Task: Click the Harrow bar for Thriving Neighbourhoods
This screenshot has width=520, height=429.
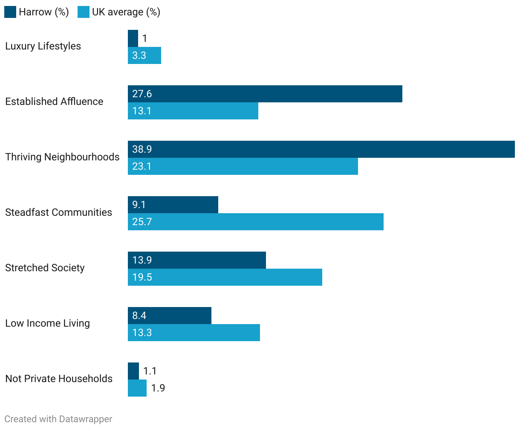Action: (x=321, y=149)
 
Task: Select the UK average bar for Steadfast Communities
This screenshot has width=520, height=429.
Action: (x=256, y=222)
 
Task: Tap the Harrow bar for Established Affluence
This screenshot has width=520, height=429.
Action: (x=265, y=94)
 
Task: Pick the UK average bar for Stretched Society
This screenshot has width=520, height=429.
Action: (x=225, y=277)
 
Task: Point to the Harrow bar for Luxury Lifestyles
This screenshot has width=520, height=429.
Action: (x=133, y=38)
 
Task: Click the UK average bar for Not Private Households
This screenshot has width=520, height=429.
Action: (x=137, y=388)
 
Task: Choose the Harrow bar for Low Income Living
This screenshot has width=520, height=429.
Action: (x=170, y=316)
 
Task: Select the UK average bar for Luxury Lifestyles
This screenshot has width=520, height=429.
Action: (x=144, y=55)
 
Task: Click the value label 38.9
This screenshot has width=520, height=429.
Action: (x=142, y=149)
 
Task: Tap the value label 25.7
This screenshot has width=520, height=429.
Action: (x=142, y=222)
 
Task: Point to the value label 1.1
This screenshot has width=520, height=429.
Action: (x=150, y=371)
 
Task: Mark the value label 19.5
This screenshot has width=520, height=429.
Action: (x=142, y=277)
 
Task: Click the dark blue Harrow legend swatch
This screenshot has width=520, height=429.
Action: (x=10, y=12)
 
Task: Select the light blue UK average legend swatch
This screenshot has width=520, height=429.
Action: (x=84, y=12)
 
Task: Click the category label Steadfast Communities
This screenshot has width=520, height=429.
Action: (x=58, y=212)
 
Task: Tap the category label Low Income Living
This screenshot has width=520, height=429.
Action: (x=47, y=323)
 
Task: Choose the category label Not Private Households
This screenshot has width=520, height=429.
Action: (x=59, y=379)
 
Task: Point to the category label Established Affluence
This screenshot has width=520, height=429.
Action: (x=54, y=101)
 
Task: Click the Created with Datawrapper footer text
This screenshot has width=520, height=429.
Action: (x=58, y=419)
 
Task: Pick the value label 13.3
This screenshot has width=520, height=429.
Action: (x=142, y=333)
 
